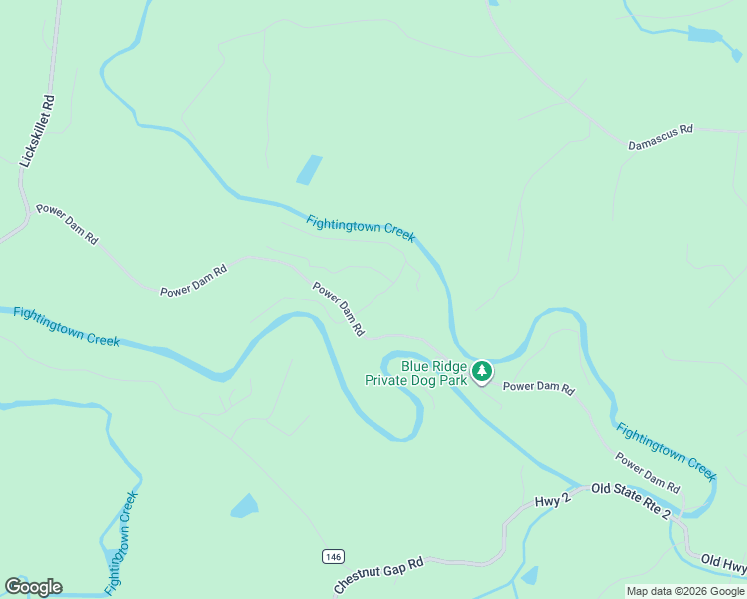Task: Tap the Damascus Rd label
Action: tap(660, 138)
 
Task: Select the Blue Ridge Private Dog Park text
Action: tap(415, 372)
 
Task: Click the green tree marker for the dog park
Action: tap(483, 372)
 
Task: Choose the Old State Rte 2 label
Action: tap(631, 499)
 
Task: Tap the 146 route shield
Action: tap(333, 555)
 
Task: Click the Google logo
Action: tap(33, 587)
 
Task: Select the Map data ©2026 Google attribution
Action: tap(685, 591)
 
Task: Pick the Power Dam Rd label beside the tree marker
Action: tap(539, 387)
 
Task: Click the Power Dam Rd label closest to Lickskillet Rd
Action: tap(67, 224)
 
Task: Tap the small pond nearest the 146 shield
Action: tap(244, 506)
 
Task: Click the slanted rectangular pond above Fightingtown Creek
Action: tap(309, 169)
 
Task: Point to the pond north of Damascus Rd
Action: tap(706, 35)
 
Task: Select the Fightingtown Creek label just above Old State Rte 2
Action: tap(666, 449)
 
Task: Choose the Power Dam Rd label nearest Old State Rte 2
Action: tap(648, 473)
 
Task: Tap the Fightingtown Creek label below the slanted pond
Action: tap(360, 228)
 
